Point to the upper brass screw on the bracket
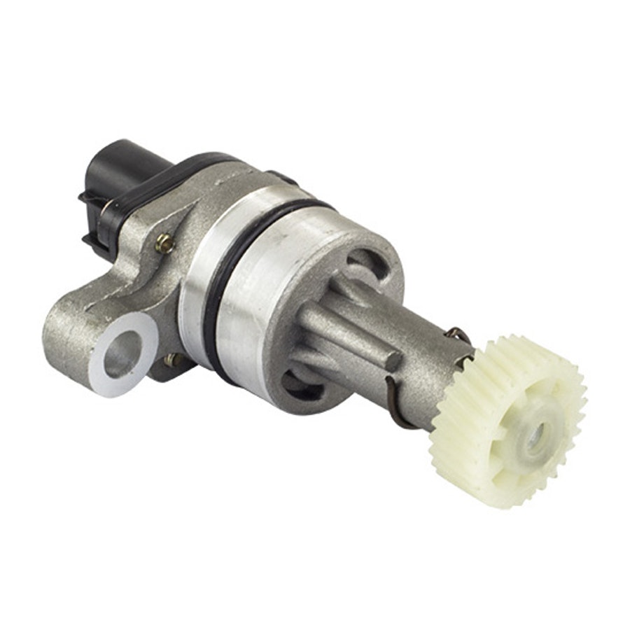coord(165,243)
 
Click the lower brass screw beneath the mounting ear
coord(172,360)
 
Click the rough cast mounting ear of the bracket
coord(77,329)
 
